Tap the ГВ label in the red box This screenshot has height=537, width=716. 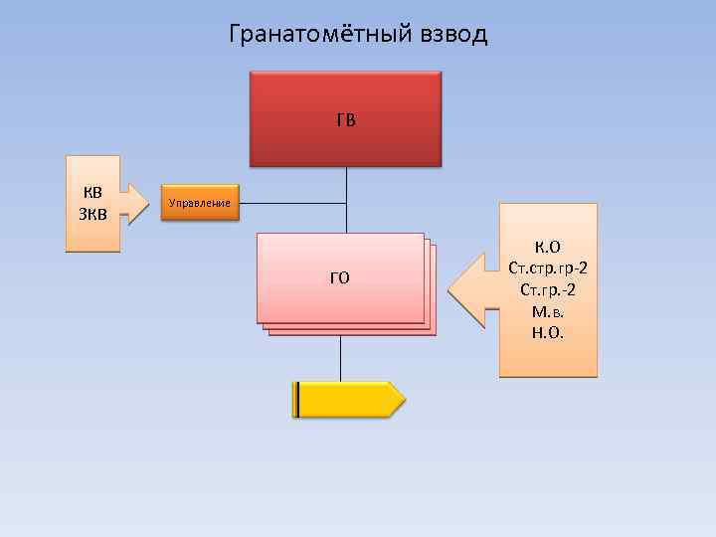pyautogui.click(x=345, y=120)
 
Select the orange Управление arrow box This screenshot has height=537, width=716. pyautogui.click(x=199, y=203)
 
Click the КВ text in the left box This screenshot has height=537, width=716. pyautogui.click(x=91, y=192)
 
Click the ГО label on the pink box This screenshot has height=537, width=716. pyautogui.click(x=340, y=277)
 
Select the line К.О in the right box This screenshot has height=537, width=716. pyautogui.click(x=548, y=247)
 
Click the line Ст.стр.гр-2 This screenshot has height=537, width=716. pyautogui.click(x=548, y=268)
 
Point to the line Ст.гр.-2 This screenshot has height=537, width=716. pyautogui.click(x=548, y=289)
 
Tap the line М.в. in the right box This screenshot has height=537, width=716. pyautogui.click(x=548, y=311)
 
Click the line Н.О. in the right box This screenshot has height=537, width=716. pyautogui.click(x=548, y=332)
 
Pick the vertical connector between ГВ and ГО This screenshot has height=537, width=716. pyautogui.click(x=345, y=199)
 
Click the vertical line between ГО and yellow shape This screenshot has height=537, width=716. pyautogui.click(x=340, y=358)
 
